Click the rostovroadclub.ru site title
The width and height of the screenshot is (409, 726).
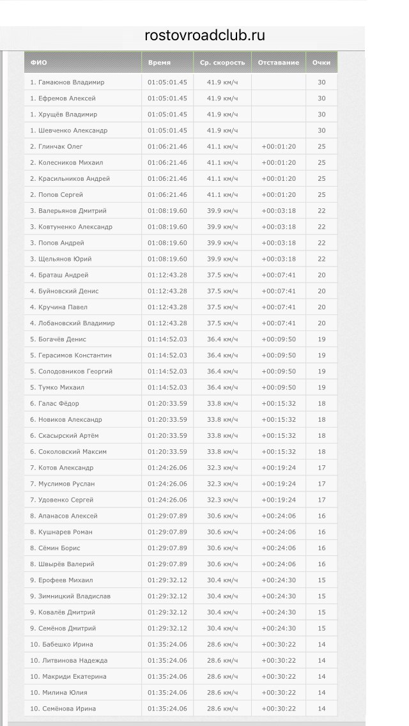tap(204, 36)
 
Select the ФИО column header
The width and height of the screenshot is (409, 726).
tap(39, 63)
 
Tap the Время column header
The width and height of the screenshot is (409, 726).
tap(159, 63)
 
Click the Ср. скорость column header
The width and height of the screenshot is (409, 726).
tap(222, 63)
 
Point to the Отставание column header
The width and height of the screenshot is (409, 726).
tap(279, 63)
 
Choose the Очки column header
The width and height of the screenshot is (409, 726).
tap(321, 63)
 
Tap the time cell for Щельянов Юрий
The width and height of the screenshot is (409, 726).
tap(167, 259)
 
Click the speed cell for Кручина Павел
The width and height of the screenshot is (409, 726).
tap(222, 307)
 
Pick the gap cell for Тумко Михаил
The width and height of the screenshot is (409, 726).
tap(279, 387)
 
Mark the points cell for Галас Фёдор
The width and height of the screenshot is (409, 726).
tap(321, 403)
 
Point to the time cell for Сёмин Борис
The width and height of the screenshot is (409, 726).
tap(167, 548)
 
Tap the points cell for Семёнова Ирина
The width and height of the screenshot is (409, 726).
tap(321, 708)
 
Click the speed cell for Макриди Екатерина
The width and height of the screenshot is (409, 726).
tap(222, 676)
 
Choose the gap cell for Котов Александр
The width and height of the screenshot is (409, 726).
tap(279, 468)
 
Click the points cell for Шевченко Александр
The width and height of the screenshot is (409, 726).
tap(321, 130)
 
